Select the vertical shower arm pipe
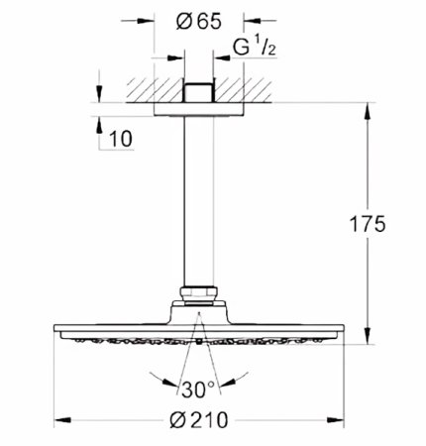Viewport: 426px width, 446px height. (x=201, y=198)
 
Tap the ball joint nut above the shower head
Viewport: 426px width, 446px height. (x=201, y=294)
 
